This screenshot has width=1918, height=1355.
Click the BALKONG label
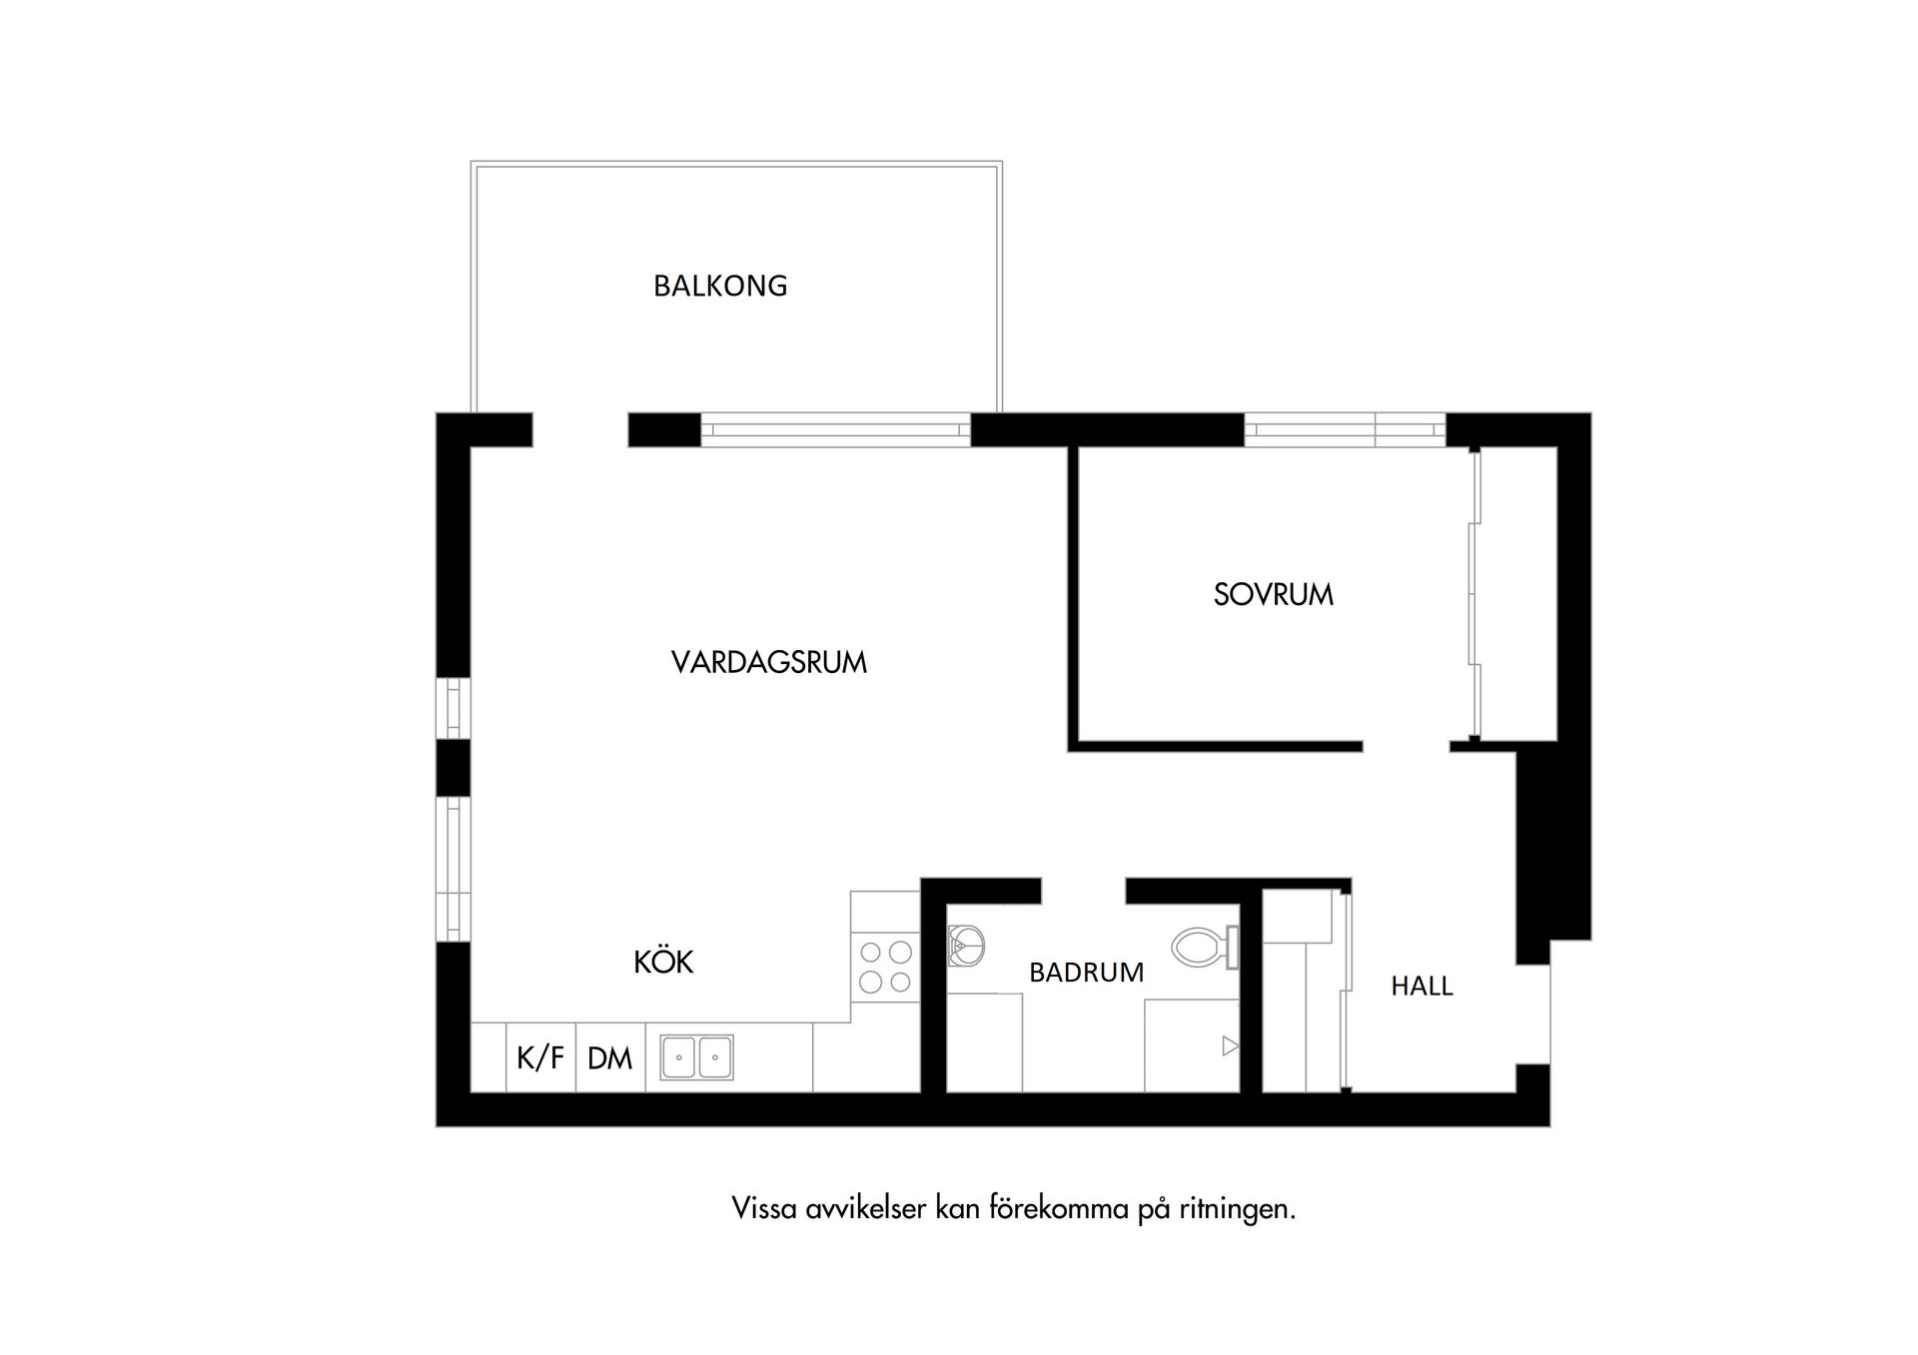click(720, 287)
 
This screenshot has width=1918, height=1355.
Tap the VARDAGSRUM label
click(768, 663)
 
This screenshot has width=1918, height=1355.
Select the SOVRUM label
click(1273, 595)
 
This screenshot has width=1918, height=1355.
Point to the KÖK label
click(663, 963)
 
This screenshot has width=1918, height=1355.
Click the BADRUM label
click(1086, 973)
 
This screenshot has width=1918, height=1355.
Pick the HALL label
click(1422, 987)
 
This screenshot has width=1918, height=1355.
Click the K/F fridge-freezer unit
click(540, 1057)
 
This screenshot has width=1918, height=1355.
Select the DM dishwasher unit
click(609, 1058)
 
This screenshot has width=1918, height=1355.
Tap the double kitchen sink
click(696, 1057)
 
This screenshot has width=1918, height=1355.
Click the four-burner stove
click(885, 967)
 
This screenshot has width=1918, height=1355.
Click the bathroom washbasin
click(965, 941)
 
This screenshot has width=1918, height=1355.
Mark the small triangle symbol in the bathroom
click(1230, 1046)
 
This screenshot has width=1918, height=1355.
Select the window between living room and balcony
click(835, 430)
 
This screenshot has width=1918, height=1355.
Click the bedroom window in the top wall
click(1345, 429)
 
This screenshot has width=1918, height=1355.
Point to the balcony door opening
click(579, 429)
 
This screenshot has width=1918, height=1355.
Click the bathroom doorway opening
click(1084, 889)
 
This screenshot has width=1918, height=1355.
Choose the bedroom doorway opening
click(1406, 746)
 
